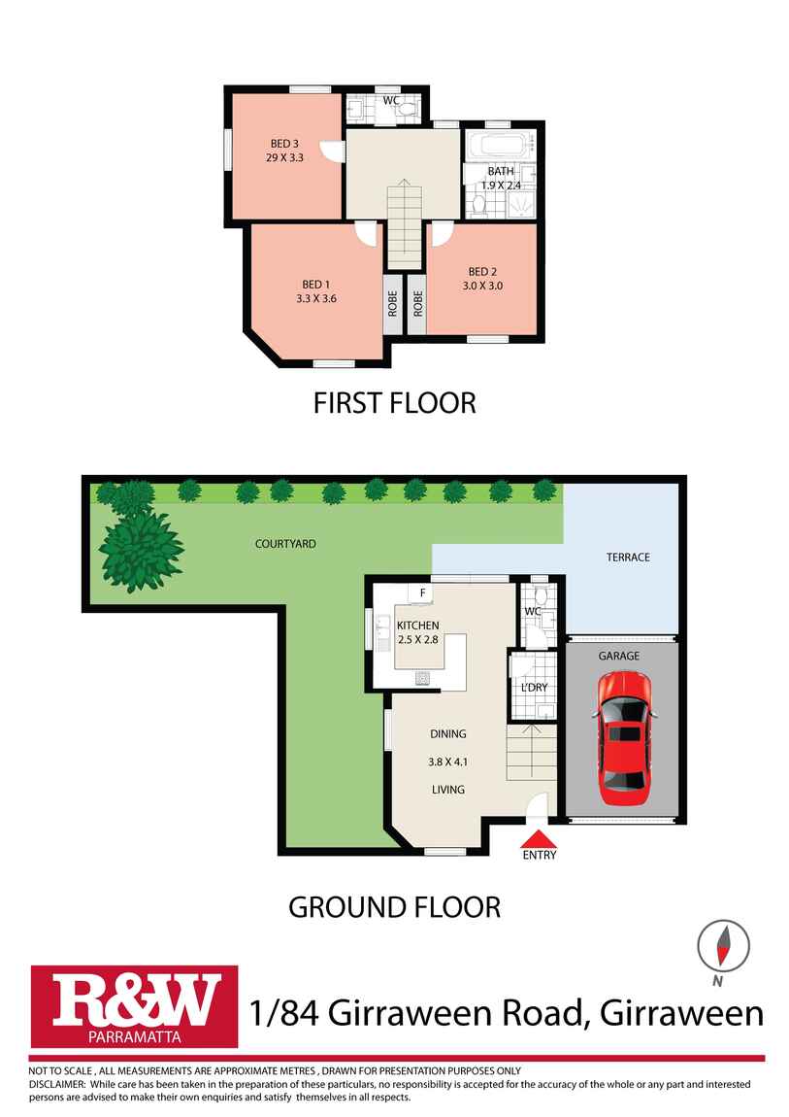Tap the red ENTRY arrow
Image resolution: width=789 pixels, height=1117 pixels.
coord(540,838)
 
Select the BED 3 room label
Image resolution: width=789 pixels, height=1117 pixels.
coord(284,144)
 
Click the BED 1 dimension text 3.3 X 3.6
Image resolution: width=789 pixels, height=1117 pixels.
coord(316,298)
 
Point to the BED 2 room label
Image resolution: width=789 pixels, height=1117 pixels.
coord(482,271)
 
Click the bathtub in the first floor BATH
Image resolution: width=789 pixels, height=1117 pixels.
coord(501,146)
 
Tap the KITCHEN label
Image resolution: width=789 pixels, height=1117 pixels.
coord(417,626)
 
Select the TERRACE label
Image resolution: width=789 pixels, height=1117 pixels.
coord(628,558)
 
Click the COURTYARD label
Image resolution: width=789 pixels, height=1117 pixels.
coord(285,544)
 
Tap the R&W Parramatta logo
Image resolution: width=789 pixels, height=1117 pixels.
coord(134,1006)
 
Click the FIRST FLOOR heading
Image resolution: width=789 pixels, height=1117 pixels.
coord(394,403)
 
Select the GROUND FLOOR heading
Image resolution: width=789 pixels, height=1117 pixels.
coord(394,907)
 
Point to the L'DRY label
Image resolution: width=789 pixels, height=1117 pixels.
coord(535,688)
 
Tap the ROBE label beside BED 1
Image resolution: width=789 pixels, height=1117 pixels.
coord(393,304)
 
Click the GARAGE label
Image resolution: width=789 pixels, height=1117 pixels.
coord(619,656)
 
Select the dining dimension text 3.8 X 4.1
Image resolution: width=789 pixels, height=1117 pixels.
coord(448,762)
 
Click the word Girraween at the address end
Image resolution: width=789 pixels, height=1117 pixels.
coord(682,1012)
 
